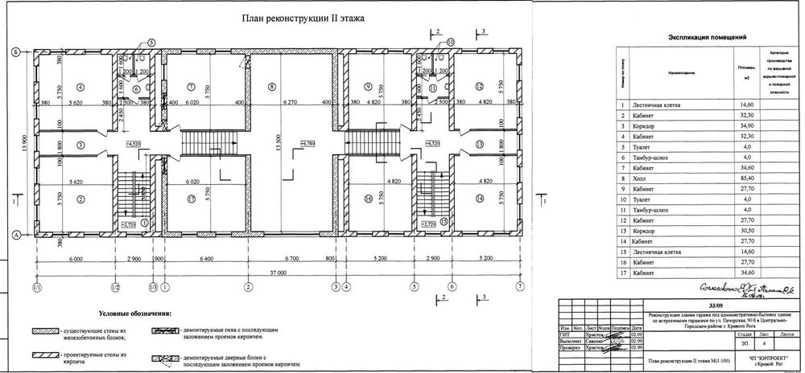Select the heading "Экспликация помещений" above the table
708,37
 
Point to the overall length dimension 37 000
279,273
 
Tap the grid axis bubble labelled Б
15,52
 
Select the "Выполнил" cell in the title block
573,341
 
